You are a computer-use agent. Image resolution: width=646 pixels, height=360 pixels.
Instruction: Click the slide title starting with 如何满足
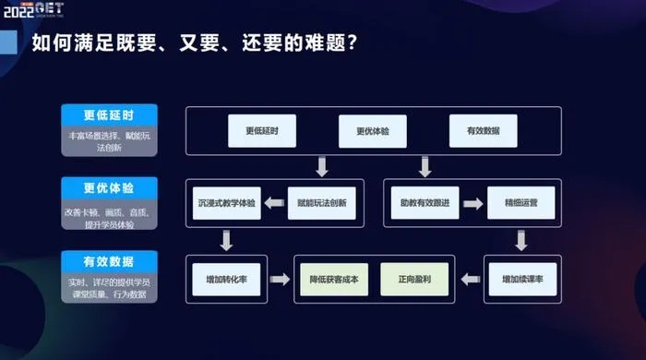195,42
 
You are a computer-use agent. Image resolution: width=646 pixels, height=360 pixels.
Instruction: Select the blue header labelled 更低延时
109,116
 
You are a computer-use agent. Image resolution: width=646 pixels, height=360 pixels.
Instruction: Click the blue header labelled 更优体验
109,188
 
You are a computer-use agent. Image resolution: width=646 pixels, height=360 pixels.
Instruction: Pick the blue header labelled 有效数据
109,260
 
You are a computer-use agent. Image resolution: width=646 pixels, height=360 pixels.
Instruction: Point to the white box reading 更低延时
261,131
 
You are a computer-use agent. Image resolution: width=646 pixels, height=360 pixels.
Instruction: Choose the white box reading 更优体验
372,131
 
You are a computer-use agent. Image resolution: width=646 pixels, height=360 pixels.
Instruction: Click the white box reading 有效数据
483,131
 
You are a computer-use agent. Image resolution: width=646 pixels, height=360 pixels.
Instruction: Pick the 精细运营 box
520,201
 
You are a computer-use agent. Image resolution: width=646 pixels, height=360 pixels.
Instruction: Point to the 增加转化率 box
225,278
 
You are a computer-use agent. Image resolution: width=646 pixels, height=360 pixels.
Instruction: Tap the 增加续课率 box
520,278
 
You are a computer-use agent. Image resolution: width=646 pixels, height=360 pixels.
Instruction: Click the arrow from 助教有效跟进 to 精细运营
474,201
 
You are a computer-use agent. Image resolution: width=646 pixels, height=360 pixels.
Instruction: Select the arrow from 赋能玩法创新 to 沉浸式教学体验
274,201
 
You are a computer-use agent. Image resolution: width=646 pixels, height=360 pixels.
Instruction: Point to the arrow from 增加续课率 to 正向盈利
469,278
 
